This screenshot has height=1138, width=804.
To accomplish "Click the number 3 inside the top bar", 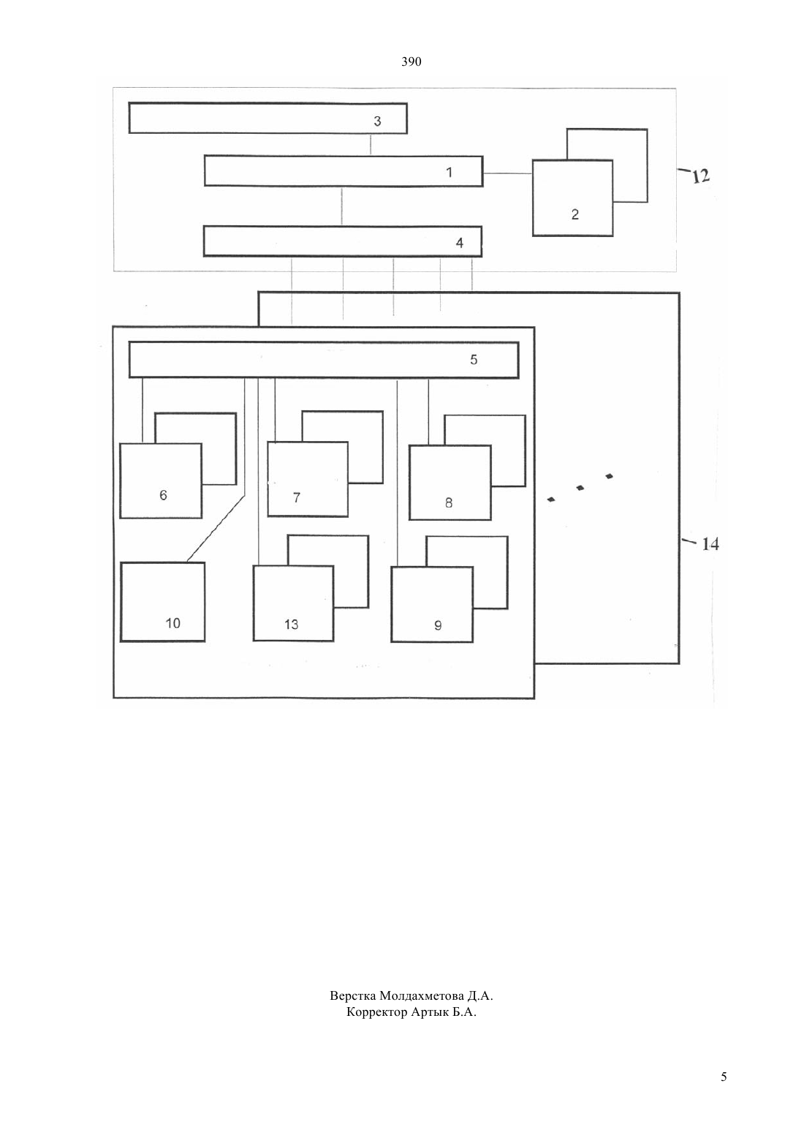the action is [x=377, y=121].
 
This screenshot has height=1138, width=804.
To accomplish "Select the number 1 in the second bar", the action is [x=450, y=173].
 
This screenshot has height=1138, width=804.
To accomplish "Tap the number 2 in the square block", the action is [x=574, y=214].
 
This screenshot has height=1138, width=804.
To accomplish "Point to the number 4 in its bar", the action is [x=459, y=243].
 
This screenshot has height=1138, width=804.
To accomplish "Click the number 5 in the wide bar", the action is [x=474, y=360].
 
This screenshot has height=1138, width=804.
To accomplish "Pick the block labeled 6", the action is [x=160, y=481].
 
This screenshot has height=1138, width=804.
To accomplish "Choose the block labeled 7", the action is [x=308, y=479].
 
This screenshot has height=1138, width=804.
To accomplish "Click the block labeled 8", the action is [x=450, y=483].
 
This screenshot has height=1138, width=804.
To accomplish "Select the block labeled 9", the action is [x=432, y=605].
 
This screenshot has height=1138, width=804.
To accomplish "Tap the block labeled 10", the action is [x=163, y=602].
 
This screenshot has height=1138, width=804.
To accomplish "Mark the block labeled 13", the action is [x=293, y=603].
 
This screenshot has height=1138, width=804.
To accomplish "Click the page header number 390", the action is [x=411, y=62].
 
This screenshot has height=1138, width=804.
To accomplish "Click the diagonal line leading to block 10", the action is [x=216, y=529].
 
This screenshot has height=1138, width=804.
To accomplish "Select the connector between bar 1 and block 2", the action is [x=507, y=173].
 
